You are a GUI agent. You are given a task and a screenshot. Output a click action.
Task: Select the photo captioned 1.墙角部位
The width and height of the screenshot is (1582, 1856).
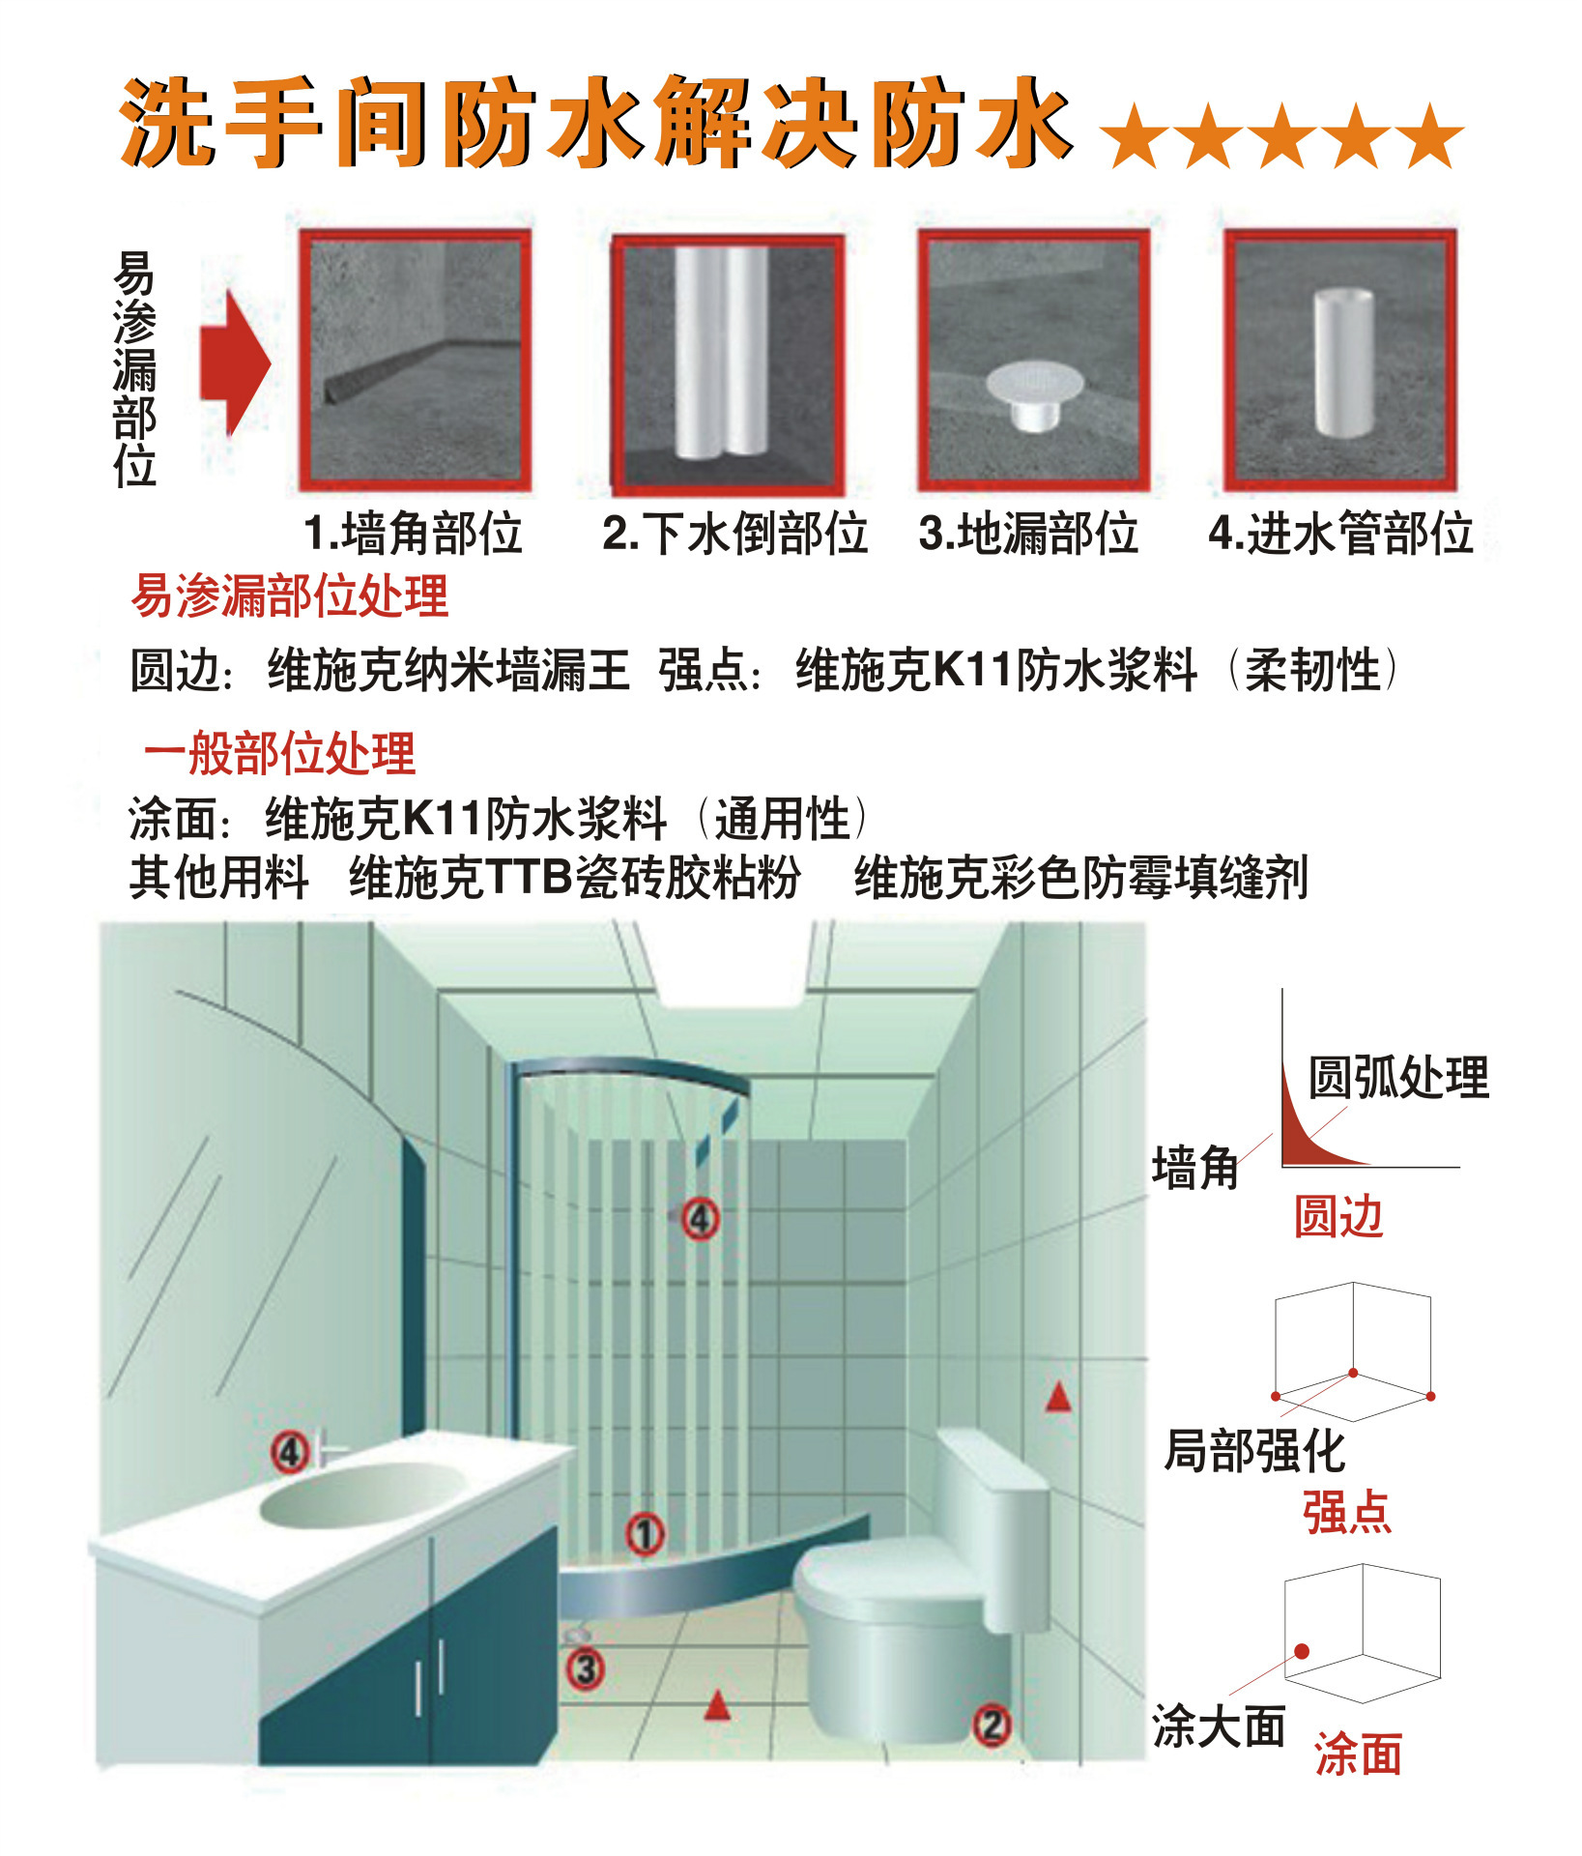(415, 360)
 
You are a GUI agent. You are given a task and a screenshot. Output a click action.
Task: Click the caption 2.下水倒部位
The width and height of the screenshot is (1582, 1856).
(734, 534)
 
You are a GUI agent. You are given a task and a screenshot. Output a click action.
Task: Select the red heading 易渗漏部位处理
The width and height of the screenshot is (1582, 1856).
(290, 595)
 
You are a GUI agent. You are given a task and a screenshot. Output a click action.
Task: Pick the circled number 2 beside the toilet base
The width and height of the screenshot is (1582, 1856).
(992, 1725)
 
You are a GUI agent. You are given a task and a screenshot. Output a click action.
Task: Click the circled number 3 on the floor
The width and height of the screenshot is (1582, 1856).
(585, 1669)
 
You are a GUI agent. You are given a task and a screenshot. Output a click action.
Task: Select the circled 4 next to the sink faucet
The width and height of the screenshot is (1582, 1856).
(290, 1452)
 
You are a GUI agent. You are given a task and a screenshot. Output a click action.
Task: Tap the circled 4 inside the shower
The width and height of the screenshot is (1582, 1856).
(701, 1219)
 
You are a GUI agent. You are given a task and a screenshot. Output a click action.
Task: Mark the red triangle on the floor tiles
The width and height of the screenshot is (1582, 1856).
(716, 1706)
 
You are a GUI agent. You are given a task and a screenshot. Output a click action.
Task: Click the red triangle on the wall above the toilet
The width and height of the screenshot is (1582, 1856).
(1058, 1397)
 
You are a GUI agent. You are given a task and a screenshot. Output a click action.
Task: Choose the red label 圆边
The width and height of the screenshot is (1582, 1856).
(1338, 1217)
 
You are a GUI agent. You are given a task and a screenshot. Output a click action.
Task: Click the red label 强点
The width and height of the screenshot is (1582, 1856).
(1347, 1512)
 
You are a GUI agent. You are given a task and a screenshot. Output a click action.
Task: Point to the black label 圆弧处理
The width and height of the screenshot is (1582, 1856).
(1398, 1077)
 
